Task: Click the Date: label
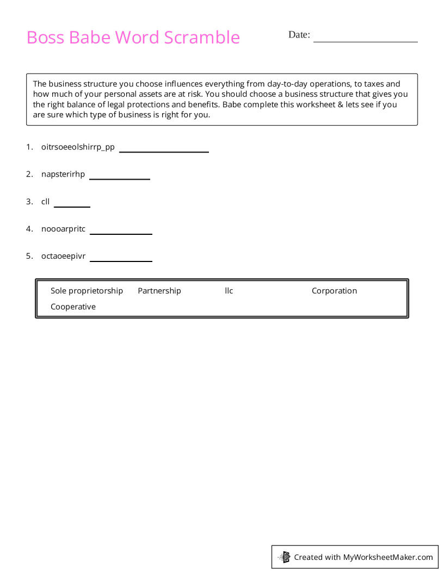click(299, 35)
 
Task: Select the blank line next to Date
click(365, 40)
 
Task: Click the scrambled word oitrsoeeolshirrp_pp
click(78, 147)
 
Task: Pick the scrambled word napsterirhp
click(63, 174)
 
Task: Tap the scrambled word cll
click(45, 202)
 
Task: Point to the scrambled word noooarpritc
click(63, 229)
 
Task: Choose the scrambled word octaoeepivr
click(63, 256)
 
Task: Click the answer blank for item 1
click(164, 151)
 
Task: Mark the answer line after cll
click(72, 206)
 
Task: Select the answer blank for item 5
click(121, 260)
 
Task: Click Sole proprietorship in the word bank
click(87, 291)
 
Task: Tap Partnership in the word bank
click(159, 291)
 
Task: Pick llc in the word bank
click(229, 291)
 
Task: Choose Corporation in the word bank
click(334, 291)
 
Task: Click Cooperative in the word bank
click(73, 307)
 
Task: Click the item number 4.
click(29, 229)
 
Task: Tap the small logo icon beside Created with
click(284, 557)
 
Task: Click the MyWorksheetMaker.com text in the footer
click(388, 557)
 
